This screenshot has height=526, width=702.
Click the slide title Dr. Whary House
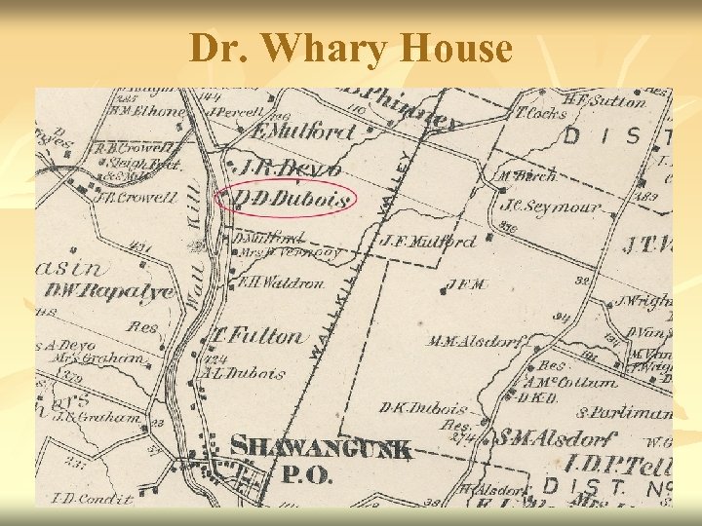tap(351, 49)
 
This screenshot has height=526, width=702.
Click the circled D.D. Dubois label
tap(292, 200)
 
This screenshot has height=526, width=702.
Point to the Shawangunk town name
tap(322, 449)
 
